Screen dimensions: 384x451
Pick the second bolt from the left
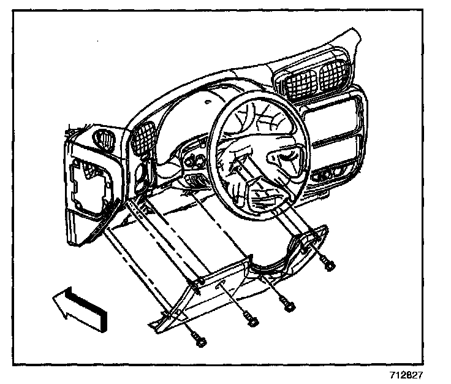pos(251,321)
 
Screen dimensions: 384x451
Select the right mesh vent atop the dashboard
pos(335,77)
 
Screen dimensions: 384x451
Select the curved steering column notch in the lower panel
pos(270,265)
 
